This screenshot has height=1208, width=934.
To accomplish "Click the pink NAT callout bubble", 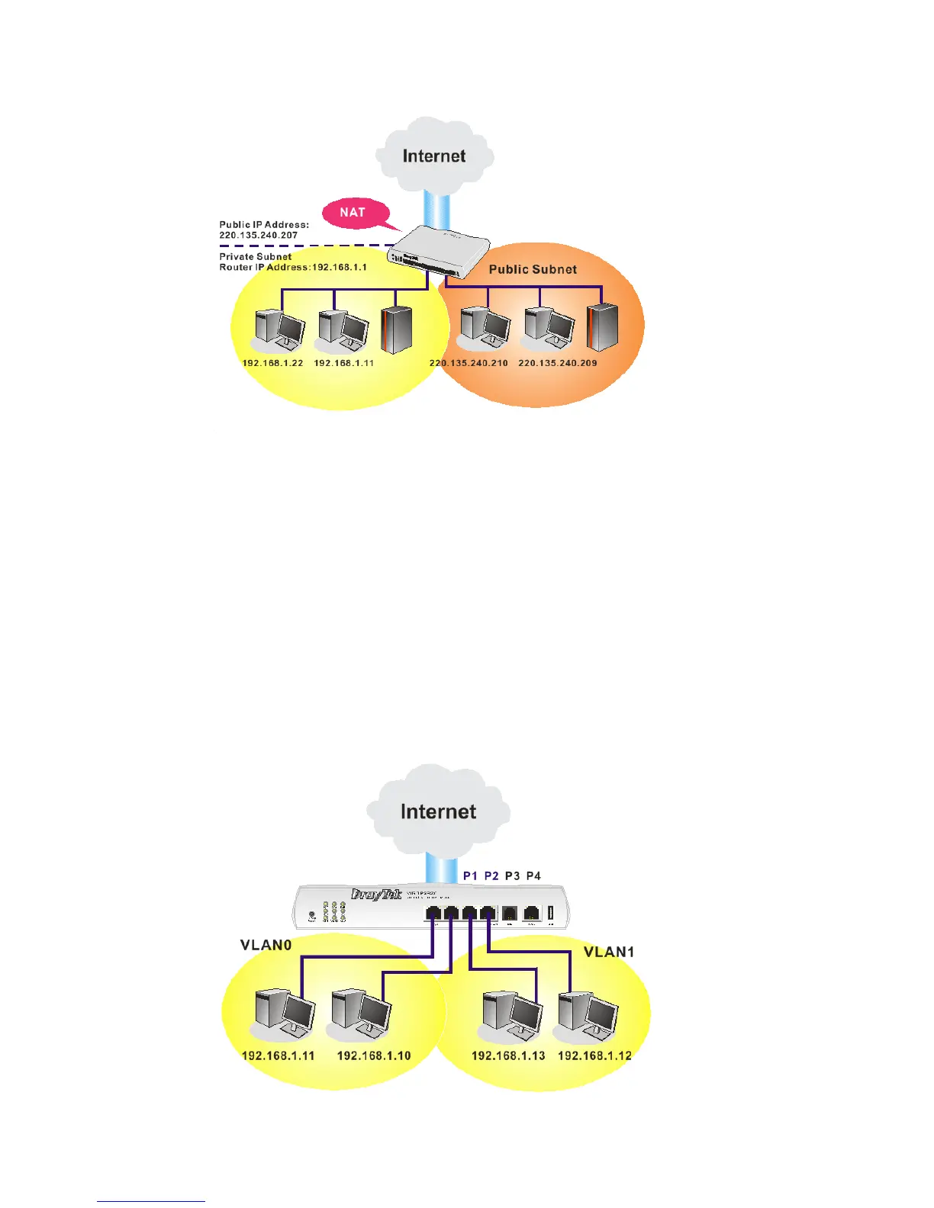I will click(353, 213).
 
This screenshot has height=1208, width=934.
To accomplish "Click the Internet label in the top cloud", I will click(434, 156).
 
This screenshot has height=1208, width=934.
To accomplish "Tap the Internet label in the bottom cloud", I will click(438, 811).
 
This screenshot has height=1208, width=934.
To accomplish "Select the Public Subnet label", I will click(533, 269).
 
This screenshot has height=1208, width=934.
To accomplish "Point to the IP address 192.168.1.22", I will click(272, 363).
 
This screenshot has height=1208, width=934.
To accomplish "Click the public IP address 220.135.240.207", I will click(259, 236).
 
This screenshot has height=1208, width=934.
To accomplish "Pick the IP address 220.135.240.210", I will click(469, 363).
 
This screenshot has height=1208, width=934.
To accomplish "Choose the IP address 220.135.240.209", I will click(558, 363).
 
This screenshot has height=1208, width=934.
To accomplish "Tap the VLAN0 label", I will click(266, 946).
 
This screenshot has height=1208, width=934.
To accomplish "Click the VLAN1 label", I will click(609, 952).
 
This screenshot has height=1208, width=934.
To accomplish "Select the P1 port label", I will click(470, 875).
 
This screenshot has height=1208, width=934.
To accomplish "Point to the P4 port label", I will click(533, 875).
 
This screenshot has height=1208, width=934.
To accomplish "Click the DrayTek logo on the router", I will click(376, 895).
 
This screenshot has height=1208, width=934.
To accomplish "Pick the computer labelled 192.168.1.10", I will click(361, 1015).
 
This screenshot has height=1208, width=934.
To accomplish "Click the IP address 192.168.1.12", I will click(594, 1056).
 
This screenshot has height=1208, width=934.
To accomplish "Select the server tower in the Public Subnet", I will click(602, 327).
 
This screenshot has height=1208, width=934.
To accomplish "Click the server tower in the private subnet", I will click(397, 329).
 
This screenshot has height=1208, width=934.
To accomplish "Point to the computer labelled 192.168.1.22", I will click(279, 329).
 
